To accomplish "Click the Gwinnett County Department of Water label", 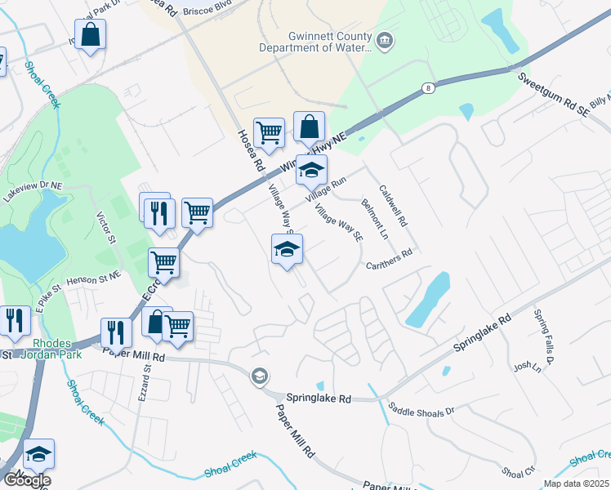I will [x=315, y=42].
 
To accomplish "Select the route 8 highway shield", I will [x=427, y=87].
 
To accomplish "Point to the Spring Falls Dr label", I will [x=544, y=336].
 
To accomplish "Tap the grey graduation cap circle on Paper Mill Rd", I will [x=260, y=376].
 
